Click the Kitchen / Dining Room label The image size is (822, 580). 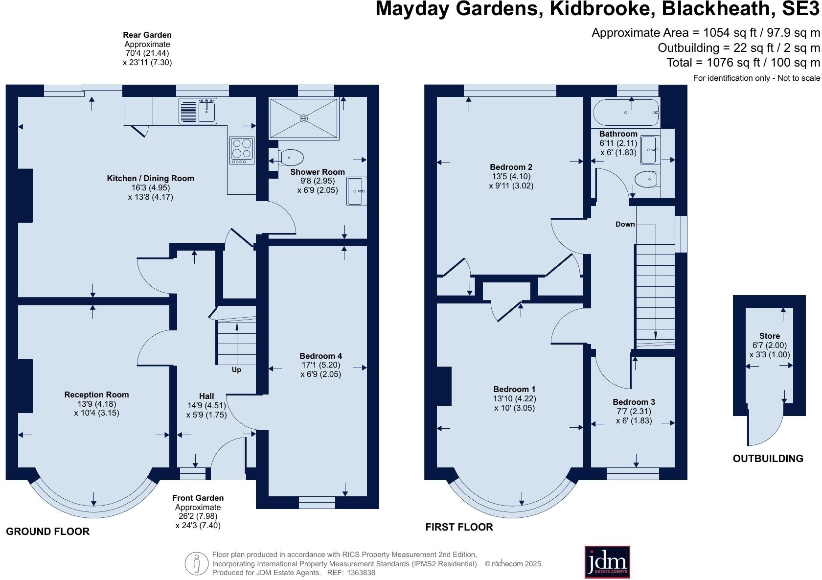pyautogui.click(x=150, y=178)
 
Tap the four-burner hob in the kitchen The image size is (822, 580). pyautogui.click(x=242, y=150)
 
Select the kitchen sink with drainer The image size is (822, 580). pyautogui.click(x=198, y=111)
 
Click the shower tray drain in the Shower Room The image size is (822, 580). pyautogui.click(x=304, y=118)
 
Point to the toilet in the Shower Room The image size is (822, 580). pyautogui.click(x=291, y=157)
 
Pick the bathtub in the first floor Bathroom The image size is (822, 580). pyautogui.click(x=626, y=113)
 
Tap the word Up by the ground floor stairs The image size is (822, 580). pyautogui.click(x=236, y=370)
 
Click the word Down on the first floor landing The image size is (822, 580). pyautogui.click(x=625, y=224)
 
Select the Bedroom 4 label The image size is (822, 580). pyautogui.click(x=320, y=356)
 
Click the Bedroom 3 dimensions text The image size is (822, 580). pyautogui.click(x=634, y=416)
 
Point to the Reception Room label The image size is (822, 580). pyautogui.click(x=96, y=394)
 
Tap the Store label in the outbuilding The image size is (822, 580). pyautogui.click(x=769, y=336)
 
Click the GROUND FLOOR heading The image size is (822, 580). pyautogui.click(x=47, y=532)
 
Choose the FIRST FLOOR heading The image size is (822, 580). pyautogui.click(x=458, y=527)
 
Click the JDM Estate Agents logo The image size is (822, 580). pyautogui.click(x=607, y=562)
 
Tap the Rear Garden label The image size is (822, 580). pyautogui.click(x=147, y=35)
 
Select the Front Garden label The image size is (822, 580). pyautogui.click(x=198, y=498)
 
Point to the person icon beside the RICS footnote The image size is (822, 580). pyautogui.click(x=196, y=564)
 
